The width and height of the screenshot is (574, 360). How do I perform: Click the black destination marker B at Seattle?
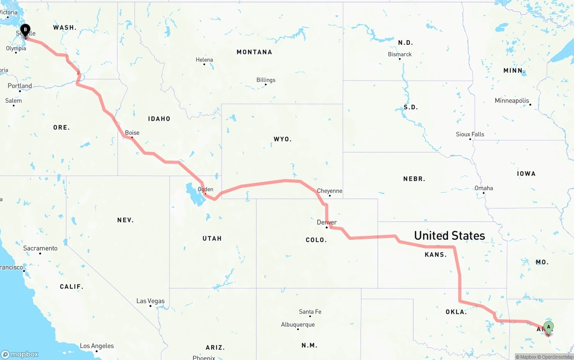click(26, 30)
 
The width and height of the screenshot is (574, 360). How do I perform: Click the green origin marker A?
click(548, 327)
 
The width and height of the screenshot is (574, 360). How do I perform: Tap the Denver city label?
click(326, 222)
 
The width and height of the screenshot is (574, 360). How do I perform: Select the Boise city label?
click(132, 133)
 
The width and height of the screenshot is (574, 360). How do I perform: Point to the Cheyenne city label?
click(330, 191)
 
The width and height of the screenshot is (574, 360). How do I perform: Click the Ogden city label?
click(205, 189)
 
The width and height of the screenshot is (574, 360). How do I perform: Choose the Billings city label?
click(266, 80)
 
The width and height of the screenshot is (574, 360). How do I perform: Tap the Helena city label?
click(204, 60)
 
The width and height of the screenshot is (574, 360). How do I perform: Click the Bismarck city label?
click(400, 54)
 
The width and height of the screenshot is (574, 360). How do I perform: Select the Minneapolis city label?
click(512, 101)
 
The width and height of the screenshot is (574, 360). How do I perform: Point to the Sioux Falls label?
click(470, 134)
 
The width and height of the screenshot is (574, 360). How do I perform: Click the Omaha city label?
click(484, 188)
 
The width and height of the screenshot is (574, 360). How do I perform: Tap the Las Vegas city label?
click(150, 301)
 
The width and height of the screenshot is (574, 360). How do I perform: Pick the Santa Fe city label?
click(310, 312)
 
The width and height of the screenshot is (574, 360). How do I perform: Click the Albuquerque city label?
click(298, 325)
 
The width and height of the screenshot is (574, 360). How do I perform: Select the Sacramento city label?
click(40, 248)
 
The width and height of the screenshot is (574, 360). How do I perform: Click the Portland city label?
click(20, 86)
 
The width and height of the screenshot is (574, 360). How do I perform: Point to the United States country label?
click(449, 236)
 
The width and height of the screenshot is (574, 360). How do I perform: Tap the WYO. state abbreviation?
click(283, 139)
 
